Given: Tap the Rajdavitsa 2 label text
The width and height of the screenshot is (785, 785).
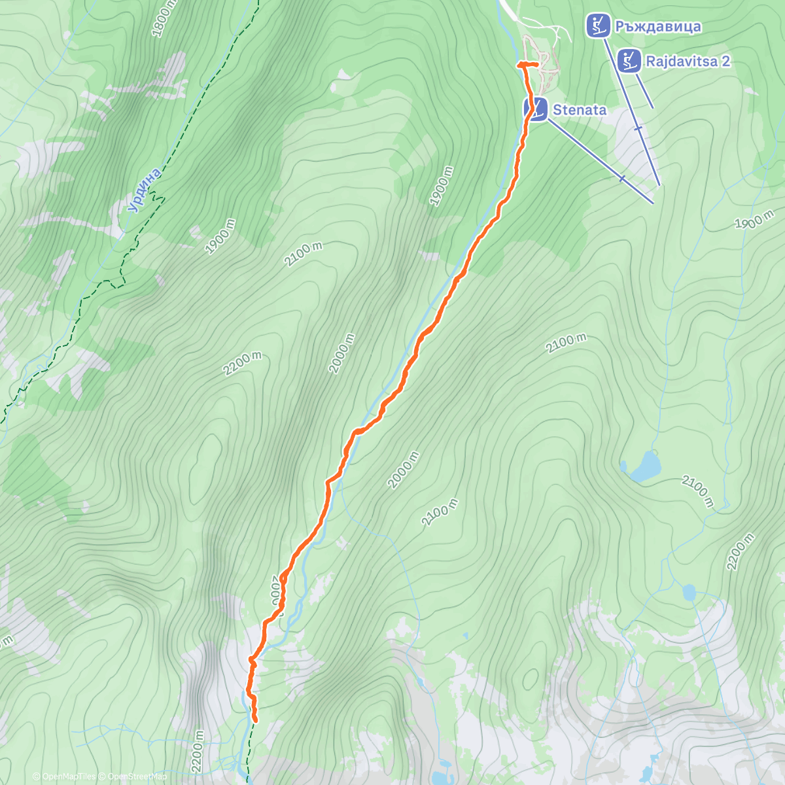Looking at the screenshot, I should click(x=688, y=61).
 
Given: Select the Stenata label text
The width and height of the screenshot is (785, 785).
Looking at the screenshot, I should click(x=579, y=110).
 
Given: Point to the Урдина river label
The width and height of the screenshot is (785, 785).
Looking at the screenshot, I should click(x=144, y=190).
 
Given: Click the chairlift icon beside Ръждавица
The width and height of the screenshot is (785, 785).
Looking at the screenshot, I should click(x=598, y=26).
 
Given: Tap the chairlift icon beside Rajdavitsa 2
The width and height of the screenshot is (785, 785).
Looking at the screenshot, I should click(x=629, y=61).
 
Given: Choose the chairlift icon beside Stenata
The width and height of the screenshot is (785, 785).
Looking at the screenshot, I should click(x=536, y=109).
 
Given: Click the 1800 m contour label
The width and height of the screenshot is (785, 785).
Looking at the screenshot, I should click(x=164, y=18).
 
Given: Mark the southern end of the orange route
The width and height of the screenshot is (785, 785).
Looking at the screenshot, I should click(x=254, y=721).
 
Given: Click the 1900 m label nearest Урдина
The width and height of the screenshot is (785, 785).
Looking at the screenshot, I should click(x=220, y=237).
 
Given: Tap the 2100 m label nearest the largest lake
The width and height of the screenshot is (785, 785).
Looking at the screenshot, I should click(x=697, y=491).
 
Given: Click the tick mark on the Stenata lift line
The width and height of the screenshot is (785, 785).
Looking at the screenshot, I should click(x=622, y=177).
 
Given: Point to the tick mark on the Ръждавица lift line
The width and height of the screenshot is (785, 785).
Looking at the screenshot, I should click(x=638, y=129).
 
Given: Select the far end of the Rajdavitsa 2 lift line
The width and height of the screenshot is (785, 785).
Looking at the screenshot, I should click(x=652, y=107).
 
